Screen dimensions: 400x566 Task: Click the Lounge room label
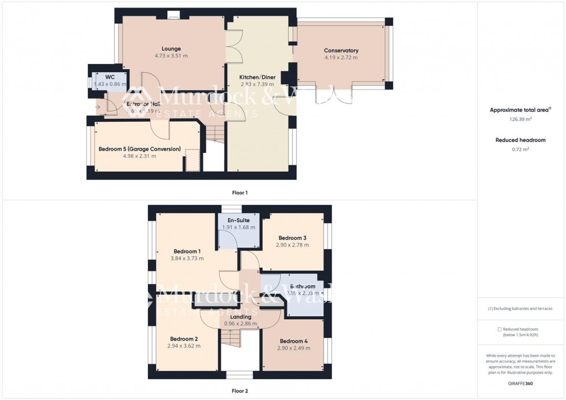[x=171, y=48]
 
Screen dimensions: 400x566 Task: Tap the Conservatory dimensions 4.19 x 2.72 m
[x=341, y=58]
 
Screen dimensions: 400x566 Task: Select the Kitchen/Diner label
[x=257, y=77]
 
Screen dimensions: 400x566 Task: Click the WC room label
[x=109, y=76]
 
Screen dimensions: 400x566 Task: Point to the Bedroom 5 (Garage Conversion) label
[x=139, y=149]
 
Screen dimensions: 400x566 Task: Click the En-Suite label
[x=238, y=220]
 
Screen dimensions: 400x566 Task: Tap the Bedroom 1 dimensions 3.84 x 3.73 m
[x=187, y=259]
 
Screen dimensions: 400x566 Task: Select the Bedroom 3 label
[x=292, y=238]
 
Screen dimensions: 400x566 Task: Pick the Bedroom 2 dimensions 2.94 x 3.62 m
[x=184, y=346]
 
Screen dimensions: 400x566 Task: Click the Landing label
[x=240, y=317]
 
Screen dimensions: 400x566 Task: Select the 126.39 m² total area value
[x=520, y=119]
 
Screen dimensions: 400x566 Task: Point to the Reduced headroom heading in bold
[x=520, y=140]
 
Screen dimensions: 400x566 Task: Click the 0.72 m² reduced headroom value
[x=520, y=149]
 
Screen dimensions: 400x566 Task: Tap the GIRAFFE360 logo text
[x=520, y=383]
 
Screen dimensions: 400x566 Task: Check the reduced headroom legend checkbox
[x=500, y=329]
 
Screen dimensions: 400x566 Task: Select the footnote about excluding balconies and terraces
[x=520, y=309]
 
